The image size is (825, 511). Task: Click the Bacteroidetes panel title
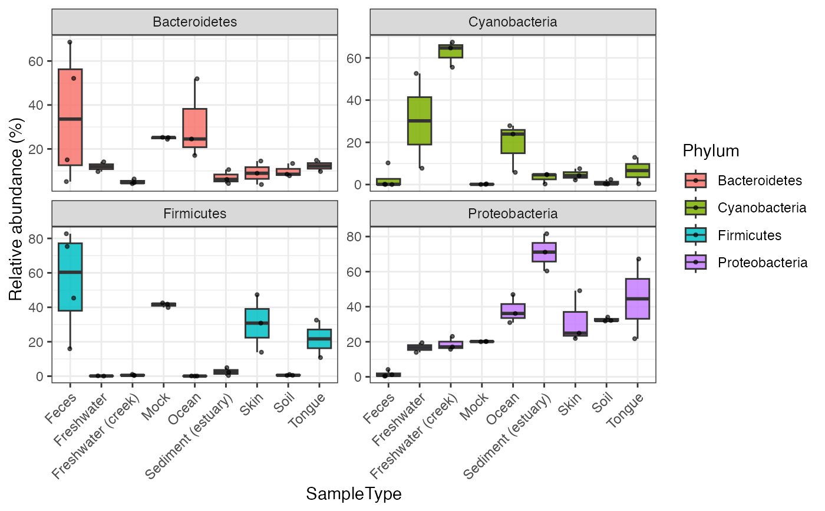point(194,22)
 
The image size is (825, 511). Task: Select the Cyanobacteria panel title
point(513,22)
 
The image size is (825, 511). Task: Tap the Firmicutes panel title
point(194,213)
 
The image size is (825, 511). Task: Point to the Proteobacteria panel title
point(513,213)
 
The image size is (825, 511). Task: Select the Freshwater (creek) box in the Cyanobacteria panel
point(450,51)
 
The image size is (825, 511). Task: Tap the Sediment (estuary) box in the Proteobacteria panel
point(544,252)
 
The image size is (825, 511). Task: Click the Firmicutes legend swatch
point(696,235)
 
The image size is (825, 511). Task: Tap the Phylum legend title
point(711,151)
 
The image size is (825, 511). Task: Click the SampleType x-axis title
point(354,494)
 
